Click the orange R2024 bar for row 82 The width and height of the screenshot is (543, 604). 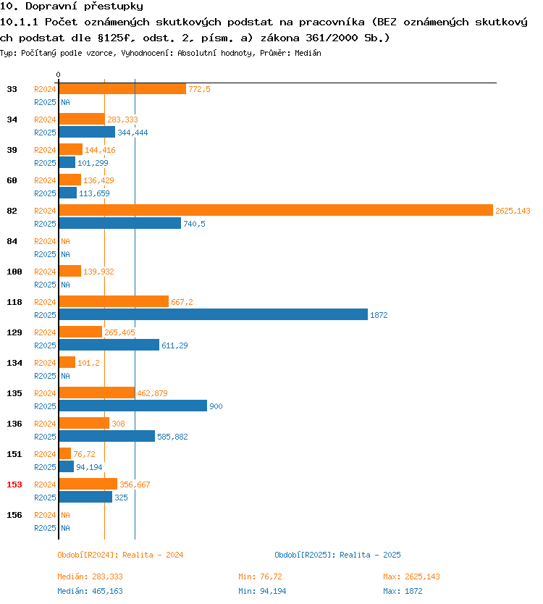pyautogui.click(x=276, y=210)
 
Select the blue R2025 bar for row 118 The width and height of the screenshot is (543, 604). pyautogui.click(x=214, y=315)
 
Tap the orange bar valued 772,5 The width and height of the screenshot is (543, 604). pyautogui.click(x=122, y=88)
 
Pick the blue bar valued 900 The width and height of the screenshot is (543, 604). pyautogui.click(x=133, y=406)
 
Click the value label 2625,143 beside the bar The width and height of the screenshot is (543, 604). pyautogui.click(x=513, y=211)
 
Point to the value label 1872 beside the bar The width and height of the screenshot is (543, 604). pyautogui.click(x=379, y=315)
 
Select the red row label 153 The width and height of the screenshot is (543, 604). pyautogui.click(x=14, y=485)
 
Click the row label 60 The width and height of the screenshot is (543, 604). pyautogui.click(x=12, y=180)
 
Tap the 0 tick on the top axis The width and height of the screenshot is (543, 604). pyautogui.click(x=58, y=75)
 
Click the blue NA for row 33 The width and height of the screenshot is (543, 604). pyautogui.click(x=65, y=102)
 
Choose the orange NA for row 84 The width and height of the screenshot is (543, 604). pyautogui.click(x=65, y=241)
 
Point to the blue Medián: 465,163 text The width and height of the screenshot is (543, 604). pyautogui.click(x=90, y=591)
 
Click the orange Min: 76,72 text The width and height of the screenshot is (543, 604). pyautogui.click(x=260, y=576)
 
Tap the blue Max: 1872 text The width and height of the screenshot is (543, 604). pyautogui.click(x=403, y=591)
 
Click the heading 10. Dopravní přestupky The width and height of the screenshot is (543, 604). pyautogui.click(x=72, y=7)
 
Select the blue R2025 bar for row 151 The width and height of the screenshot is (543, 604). pyautogui.click(x=66, y=467)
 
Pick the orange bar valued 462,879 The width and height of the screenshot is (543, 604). pyautogui.click(x=97, y=393)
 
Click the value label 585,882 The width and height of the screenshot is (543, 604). pyautogui.click(x=172, y=437)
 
